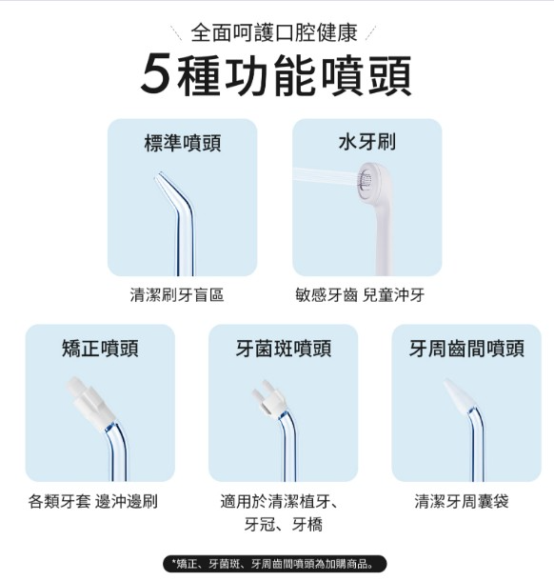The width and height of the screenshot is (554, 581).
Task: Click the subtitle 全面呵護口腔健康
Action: (x=274, y=32)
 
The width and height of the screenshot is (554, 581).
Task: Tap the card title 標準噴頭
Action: (x=183, y=143)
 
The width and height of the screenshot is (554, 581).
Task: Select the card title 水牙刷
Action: (x=367, y=142)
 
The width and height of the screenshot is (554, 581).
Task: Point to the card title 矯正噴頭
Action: (x=100, y=349)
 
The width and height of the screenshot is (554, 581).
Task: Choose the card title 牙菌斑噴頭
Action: (x=284, y=349)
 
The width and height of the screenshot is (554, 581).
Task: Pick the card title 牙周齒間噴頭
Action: (x=466, y=349)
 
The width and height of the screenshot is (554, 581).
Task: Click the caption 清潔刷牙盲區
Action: (x=177, y=295)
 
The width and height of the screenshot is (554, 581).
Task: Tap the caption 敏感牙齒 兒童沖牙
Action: (x=360, y=295)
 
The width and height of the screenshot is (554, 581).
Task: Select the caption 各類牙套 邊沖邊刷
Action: (x=93, y=501)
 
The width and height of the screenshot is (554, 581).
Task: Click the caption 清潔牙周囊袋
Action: (x=462, y=501)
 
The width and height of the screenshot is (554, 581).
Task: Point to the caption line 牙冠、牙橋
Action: (x=284, y=524)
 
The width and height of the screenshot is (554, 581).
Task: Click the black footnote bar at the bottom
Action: (x=275, y=564)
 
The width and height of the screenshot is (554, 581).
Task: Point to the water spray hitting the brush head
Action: (x=326, y=177)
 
